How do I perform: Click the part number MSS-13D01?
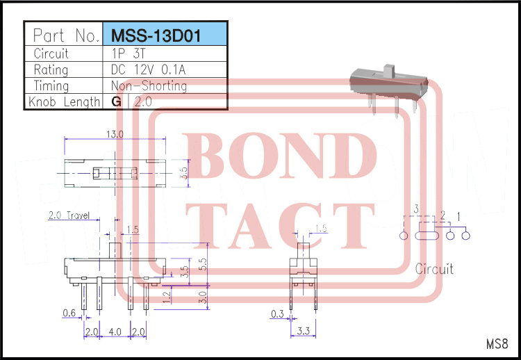(156, 35)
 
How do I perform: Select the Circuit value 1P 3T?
(129, 54)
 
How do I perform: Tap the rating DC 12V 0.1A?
(148, 69)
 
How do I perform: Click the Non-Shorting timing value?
(149, 85)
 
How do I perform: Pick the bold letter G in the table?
(116, 101)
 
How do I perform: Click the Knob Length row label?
(64, 101)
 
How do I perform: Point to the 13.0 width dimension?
(115, 134)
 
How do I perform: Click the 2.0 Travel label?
(69, 215)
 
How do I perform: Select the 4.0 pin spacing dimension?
(115, 332)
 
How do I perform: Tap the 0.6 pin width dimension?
(69, 313)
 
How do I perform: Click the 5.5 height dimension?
(203, 264)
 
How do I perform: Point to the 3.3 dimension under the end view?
(303, 331)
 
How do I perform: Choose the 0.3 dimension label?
(277, 314)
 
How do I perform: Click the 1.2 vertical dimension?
(167, 297)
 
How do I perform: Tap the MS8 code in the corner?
(497, 344)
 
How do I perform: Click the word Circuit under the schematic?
(434, 268)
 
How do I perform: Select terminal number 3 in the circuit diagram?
(416, 209)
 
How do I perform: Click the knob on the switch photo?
(388, 71)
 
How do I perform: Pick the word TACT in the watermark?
(280, 226)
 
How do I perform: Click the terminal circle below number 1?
(466, 236)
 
